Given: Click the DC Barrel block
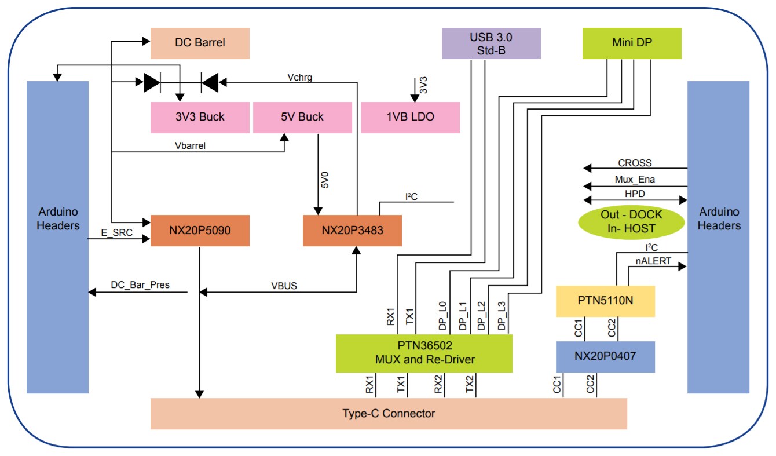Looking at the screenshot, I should [200, 43].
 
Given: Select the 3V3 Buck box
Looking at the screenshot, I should [200, 118].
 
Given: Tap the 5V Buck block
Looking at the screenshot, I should [303, 118].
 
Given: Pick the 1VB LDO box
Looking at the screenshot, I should [410, 118].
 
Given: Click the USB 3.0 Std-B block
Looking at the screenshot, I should [491, 44].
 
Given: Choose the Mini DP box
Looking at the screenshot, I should [631, 44].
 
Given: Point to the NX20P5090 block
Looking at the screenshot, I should [200, 231].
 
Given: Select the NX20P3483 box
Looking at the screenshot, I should [352, 231].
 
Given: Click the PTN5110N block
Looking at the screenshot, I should [605, 301].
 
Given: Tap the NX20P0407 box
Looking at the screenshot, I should [605, 356].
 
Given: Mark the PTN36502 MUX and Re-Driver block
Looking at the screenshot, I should [424, 353].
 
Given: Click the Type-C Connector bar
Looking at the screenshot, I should [389, 414].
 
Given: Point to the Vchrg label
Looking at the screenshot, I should [299, 77].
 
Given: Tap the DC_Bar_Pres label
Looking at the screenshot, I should [140, 285].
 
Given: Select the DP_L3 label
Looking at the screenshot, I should [502, 316].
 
